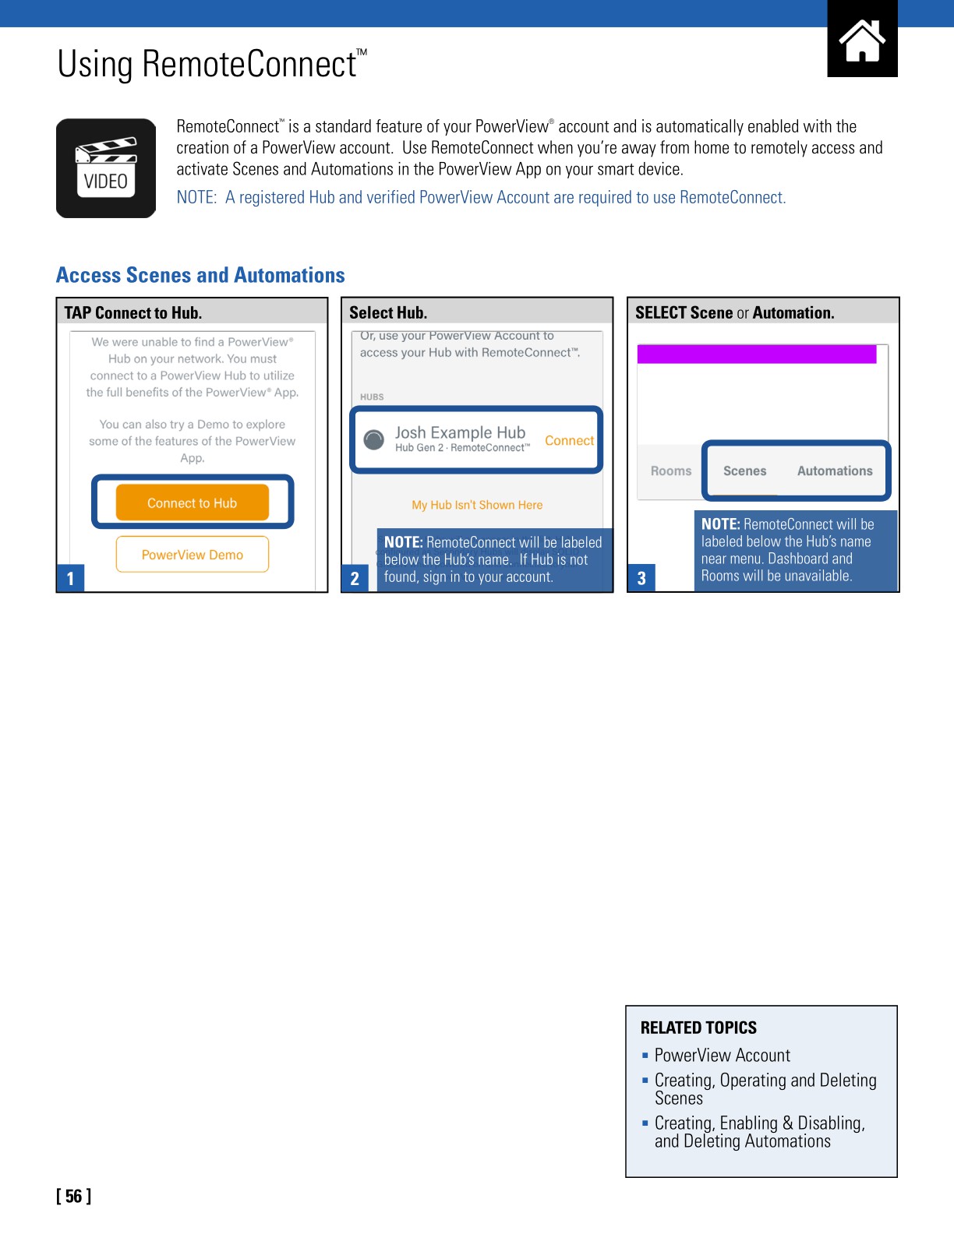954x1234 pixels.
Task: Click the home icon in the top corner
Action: point(862,40)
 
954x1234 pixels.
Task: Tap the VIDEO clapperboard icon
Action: point(106,168)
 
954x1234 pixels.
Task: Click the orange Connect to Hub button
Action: point(193,503)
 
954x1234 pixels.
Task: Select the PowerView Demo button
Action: point(193,555)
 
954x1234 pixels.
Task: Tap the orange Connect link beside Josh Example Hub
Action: point(569,441)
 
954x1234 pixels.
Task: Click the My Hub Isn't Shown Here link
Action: point(477,505)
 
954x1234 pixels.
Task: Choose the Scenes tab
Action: point(744,471)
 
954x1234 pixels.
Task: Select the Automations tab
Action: point(835,471)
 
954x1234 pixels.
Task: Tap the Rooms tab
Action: point(671,471)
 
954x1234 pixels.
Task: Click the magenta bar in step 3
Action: point(757,354)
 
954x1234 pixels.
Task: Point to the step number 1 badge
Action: point(70,579)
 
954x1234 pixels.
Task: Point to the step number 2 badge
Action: point(355,579)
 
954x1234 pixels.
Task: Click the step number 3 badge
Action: point(641,579)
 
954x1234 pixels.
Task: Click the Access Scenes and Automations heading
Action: point(200,276)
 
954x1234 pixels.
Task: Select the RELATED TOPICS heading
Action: point(698,1028)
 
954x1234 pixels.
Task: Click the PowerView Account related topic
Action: point(722,1056)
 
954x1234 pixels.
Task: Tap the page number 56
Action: point(74,1197)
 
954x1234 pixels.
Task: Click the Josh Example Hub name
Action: point(460,433)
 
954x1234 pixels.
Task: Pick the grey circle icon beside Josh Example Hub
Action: point(374,440)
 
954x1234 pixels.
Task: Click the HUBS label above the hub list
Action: point(372,397)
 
